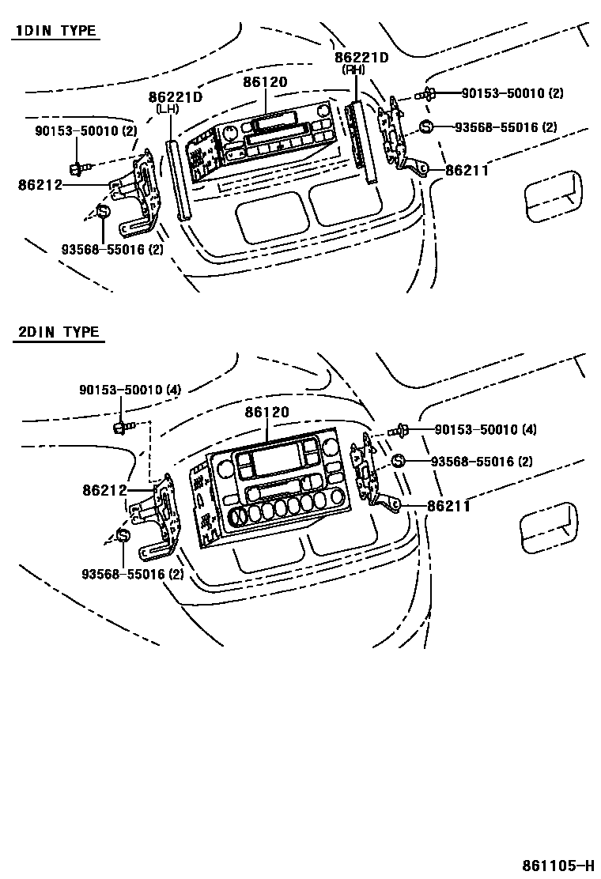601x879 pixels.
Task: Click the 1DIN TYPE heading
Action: [55, 32]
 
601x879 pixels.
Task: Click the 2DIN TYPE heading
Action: [59, 332]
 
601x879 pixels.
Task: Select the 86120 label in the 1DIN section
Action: [266, 82]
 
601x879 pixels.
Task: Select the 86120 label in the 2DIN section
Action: [266, 413]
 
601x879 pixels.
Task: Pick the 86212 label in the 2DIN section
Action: [104, 491]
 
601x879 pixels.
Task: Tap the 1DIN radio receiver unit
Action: [269, 142]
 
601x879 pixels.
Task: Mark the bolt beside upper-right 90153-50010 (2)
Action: [428, 95]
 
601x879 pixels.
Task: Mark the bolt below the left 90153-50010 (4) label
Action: [121, 428]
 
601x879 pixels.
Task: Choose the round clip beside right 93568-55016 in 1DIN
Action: [425, 127]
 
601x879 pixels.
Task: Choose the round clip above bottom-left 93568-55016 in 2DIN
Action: [123, 536]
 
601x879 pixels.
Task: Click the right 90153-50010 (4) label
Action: [486, 430]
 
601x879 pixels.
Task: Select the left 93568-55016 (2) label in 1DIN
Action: [112, 250]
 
